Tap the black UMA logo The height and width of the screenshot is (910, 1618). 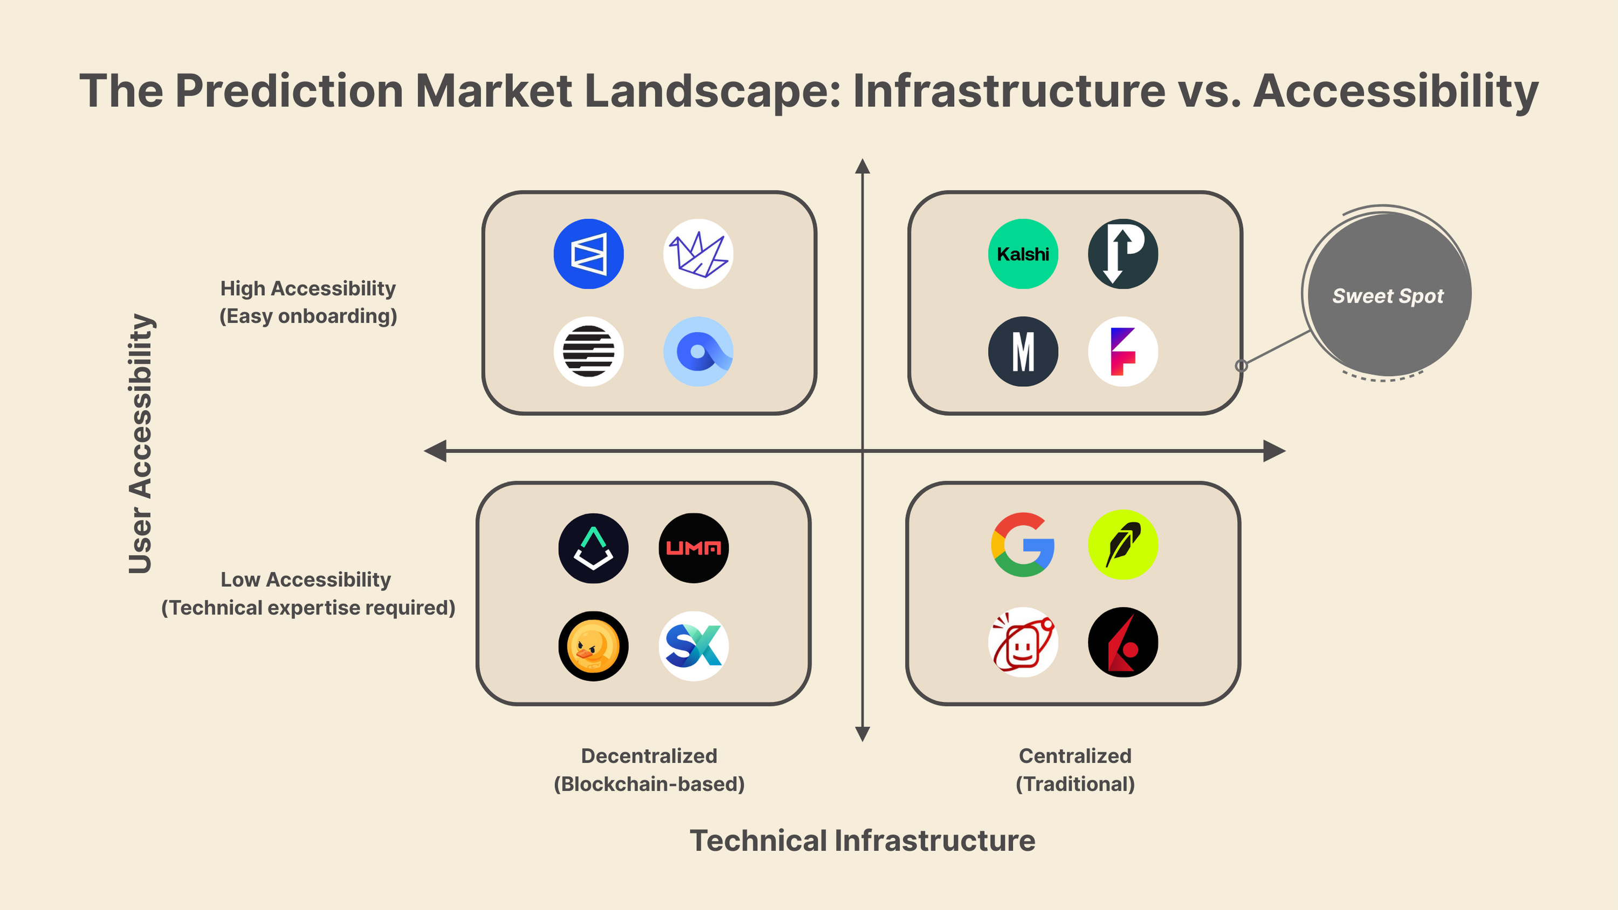(x=694, y=548)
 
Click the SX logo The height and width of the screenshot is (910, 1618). (x=694, y=646)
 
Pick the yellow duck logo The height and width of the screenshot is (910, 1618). (x=593, y=646)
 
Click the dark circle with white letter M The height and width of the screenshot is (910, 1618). (x=1023, y=351)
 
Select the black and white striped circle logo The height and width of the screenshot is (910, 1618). (x=588, y=351)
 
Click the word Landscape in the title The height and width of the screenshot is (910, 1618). (x=712, y=91)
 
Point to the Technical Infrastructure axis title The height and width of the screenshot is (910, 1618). (x=862, y=840)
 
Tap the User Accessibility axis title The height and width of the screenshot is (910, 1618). (x=141, y=444)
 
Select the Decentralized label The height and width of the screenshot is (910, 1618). (x=649, y=756)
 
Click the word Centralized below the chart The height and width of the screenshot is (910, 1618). (x=1075, y=756)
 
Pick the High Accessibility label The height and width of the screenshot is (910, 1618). (x=308, y=288)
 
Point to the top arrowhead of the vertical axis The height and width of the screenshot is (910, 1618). (x=862, y=167)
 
